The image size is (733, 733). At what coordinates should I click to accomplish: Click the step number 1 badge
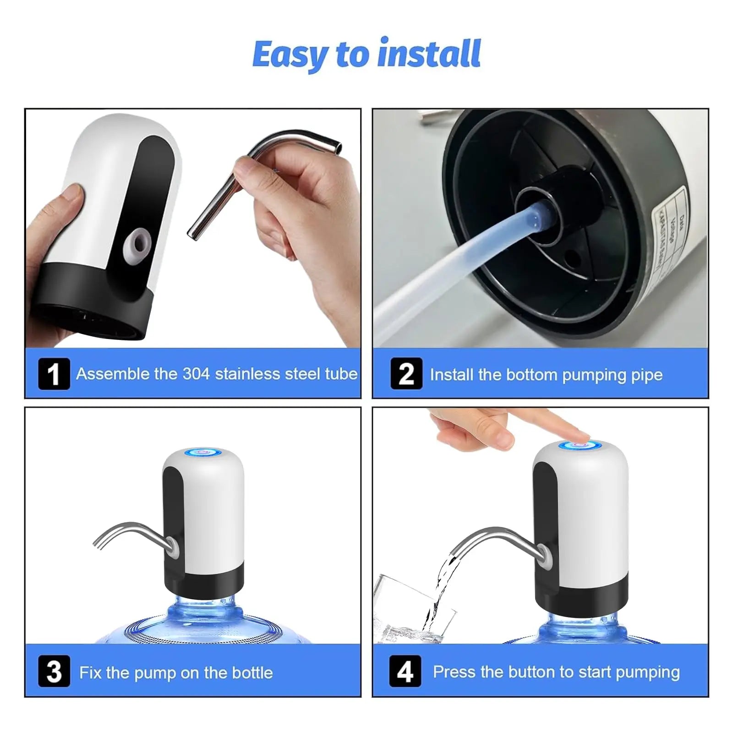[x=54, y=374]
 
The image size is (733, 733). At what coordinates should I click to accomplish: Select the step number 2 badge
[x=406, y=374]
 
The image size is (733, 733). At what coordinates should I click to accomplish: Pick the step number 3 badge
[x=54, y=672]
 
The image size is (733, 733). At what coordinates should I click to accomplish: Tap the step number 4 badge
[x=405, y=672]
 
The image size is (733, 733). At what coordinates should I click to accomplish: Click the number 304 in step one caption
[x=196, y=374]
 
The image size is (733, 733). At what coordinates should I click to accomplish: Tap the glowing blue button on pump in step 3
[x=203, y=453]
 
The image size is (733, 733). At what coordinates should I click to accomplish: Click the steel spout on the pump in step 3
[x=133, y=531]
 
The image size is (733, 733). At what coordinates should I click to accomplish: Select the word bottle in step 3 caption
[x=252, y=673]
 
